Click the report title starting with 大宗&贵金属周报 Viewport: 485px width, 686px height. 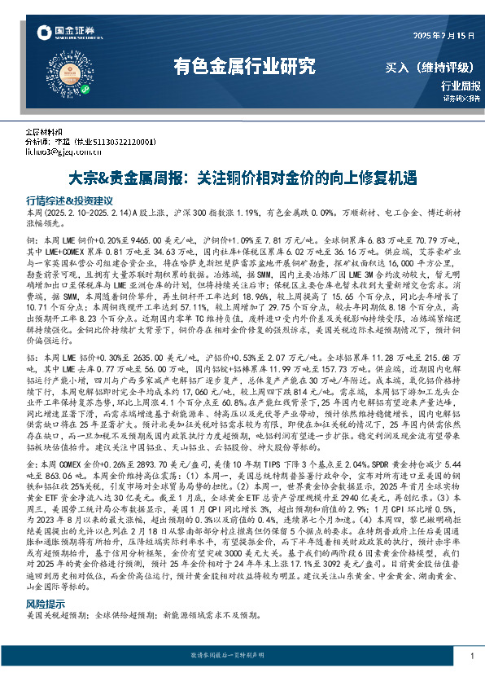point(241,176)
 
